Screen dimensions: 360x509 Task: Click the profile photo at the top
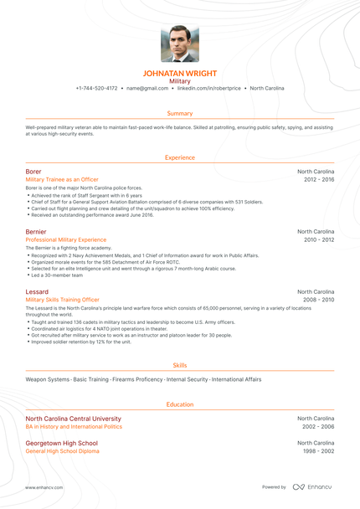point(179,44)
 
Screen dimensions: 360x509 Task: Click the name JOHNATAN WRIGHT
point(180,74)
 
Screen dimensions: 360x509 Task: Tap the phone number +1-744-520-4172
point(96,88)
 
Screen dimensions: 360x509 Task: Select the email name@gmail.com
point(148,88)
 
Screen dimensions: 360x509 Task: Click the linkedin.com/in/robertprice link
point(208,88)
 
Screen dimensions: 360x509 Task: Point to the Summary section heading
point(180,113)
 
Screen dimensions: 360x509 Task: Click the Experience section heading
point(180,157)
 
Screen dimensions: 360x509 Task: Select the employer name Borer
point(33,172)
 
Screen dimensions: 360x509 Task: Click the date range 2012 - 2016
point(319,179)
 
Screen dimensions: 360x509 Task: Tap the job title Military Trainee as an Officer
point(62,179)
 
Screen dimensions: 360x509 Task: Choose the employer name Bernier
point(36,231)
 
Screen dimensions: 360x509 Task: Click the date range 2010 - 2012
point(319,239)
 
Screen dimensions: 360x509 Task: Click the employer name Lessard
point(38,290)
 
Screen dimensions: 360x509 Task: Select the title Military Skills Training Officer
point(63,299)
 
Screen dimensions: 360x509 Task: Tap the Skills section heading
point(180,366)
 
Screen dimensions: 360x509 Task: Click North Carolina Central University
point(73,419)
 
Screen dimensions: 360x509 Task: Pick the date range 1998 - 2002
point(319,450)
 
